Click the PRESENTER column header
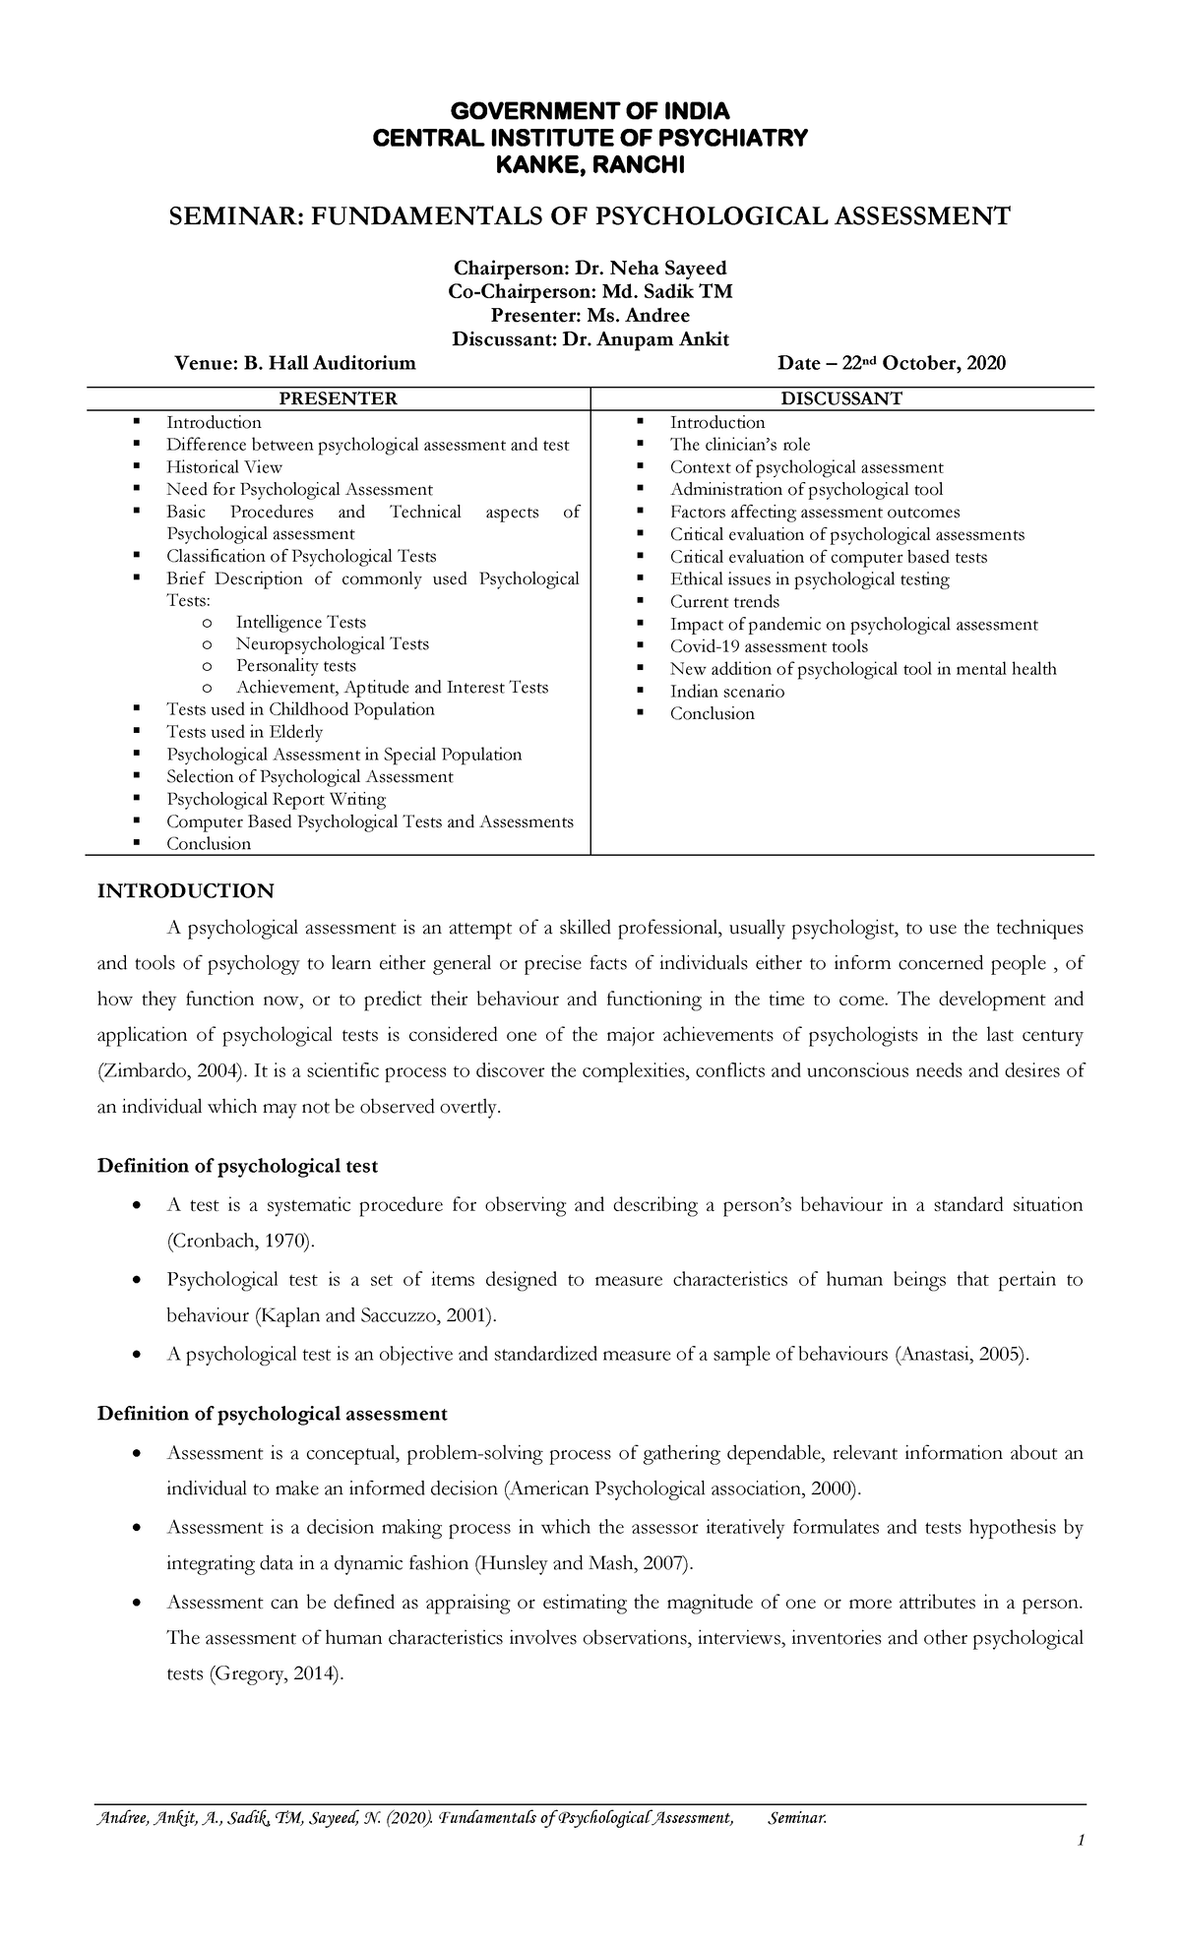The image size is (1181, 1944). point(339,398)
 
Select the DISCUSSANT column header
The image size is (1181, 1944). point(841,398)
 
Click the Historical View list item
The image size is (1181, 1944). point(224,467)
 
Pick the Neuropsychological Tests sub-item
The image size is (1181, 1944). point(333,644)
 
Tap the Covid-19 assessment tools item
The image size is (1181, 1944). point(769,646)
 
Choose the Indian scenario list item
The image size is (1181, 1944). point(727,692)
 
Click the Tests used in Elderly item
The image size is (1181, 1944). point(244,732)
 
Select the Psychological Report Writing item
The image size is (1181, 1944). point(276,799)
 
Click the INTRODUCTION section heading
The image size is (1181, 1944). point(185,891)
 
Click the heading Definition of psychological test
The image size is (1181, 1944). point(237,1166)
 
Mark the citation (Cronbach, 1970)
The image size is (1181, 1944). point(242,1242)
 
